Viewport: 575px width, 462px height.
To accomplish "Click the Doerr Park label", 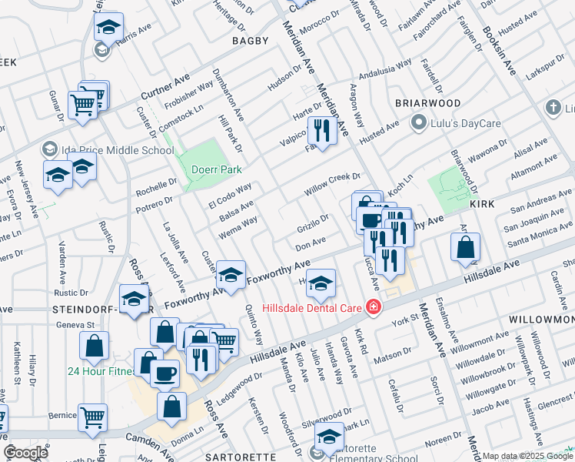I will pyautogui.click(x=220, y=169).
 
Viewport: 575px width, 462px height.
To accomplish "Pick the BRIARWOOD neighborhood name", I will pyautogui.click(x=427, y=103).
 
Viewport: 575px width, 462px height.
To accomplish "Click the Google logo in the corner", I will pyautogui.click(x=25, y=453).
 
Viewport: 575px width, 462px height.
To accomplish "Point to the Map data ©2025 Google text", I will pyautogui.click(x=529, y=456).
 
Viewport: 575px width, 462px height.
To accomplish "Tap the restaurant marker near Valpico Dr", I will pyautogui.click(x=322, y=130).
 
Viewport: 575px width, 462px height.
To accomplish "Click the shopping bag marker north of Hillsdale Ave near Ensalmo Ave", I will pyautogui.click(x=465, y=248).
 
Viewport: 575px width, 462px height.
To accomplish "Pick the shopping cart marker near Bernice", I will pyautogui.click(x=92, y=417).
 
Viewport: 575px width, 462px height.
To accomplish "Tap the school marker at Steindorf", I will pyautogui.click(x=135, y=299).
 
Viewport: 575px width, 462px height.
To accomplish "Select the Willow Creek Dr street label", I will pyautogui.click(x=332, y=183).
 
